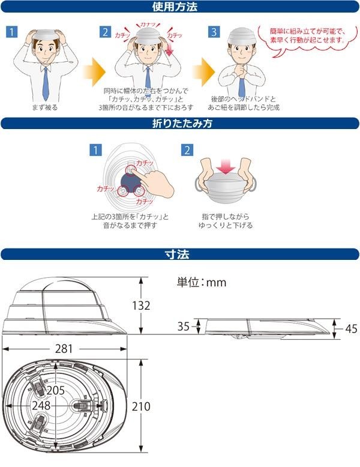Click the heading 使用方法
(x=179, y=8)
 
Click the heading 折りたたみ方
(x=179, y=124)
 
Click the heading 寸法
(x=179, y=254)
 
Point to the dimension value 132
(x=141, y=305)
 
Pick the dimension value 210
(x=141, y=406)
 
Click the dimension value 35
(x=184, y=327)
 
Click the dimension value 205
(x=55, y=390)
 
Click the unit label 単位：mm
(x=201, y=282)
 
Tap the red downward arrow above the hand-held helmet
(x=223, y=165)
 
